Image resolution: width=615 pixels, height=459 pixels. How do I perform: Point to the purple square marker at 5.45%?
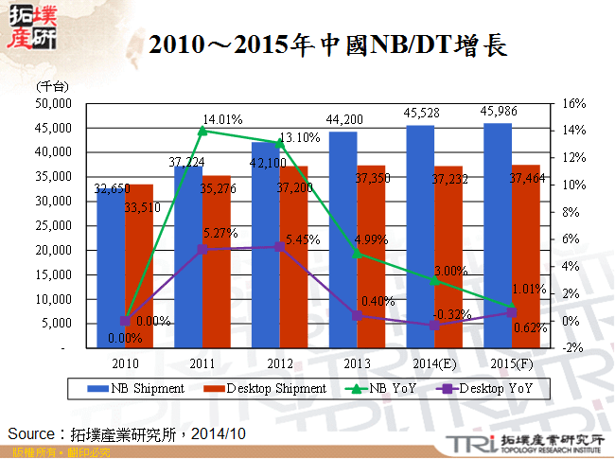click(x=280, y=246)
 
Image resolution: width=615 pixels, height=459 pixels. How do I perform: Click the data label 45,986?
click(x=499, y=112)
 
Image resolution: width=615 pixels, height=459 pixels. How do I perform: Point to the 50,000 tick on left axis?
click(x=54, y=102)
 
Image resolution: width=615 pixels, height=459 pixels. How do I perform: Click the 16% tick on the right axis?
click(x=573, y=103)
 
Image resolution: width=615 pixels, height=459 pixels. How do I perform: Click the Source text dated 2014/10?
click(x=127, y=433)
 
